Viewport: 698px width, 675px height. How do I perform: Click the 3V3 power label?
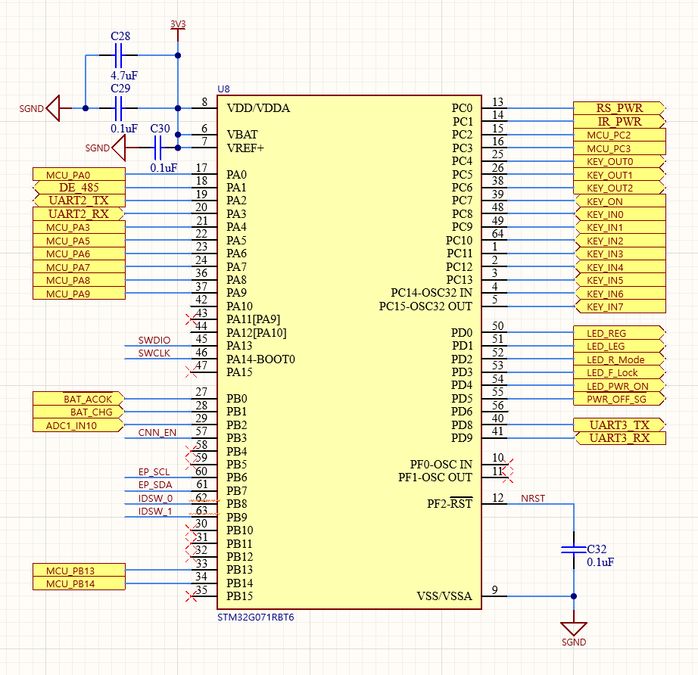[177, 24]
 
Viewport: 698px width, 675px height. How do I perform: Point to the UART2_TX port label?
[78, 201]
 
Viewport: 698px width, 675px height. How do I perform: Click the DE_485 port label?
[78, 187]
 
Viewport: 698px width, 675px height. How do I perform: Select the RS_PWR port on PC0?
[619, 108]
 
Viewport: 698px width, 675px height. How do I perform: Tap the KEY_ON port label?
[619, 201]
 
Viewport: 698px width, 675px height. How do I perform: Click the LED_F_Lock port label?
[619, 372]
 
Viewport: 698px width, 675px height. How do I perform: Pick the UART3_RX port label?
[619, 438]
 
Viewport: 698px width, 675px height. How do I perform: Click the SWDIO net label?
[154, 341]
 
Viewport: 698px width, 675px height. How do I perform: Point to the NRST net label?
[532, 499]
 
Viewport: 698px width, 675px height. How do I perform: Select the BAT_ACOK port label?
[78, 399]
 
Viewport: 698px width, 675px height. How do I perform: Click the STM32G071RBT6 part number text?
[255, 617]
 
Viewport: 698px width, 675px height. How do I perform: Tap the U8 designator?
[223, 90]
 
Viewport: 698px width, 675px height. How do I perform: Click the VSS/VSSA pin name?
[444, 596]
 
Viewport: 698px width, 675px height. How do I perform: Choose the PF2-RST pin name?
[447, 504]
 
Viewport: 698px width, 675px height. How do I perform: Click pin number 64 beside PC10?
[498, 234]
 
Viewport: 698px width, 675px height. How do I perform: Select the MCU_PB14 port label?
[78, 583]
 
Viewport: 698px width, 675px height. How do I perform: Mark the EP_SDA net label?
[154, 485]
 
